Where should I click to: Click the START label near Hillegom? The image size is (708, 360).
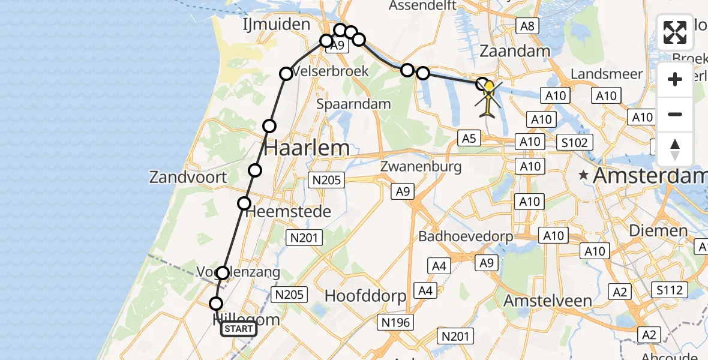239,329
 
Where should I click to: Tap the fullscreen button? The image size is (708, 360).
675,32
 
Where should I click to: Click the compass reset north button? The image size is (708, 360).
675,149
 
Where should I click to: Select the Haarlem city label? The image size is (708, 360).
306,148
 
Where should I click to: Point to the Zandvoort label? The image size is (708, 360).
188,177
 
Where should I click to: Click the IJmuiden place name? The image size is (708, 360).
277,25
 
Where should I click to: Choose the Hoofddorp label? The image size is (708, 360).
365,296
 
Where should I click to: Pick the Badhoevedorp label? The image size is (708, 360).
466,236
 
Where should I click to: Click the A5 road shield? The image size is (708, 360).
469,139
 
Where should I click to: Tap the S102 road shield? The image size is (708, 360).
574,142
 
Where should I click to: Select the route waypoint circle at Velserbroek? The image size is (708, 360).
286,74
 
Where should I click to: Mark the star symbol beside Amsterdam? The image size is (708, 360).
583,176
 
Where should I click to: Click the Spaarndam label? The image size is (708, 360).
353,104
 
